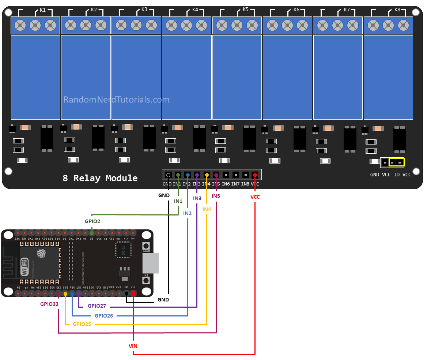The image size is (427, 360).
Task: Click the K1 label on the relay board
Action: click(43, 10)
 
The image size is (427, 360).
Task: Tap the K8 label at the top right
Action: click(397, 10)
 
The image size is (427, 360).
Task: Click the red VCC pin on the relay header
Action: click(255, 175)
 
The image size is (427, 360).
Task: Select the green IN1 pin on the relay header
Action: click(178, 175)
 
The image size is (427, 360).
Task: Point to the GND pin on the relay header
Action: click(168, 175)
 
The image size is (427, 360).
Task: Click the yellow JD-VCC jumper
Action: click(396, 162)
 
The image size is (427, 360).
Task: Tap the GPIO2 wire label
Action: click(92, 221)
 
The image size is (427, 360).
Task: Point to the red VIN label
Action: click(133, 346)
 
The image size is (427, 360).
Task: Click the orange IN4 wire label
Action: click(207, 209)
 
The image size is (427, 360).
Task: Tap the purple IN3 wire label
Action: click(197, 198)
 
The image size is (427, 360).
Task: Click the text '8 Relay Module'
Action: click(100, 178)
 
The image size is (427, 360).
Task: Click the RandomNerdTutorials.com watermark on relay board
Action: click(116, 100)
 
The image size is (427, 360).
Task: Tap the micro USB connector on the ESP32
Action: click(151, 263)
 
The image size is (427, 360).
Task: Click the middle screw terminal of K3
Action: click(136, 25)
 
